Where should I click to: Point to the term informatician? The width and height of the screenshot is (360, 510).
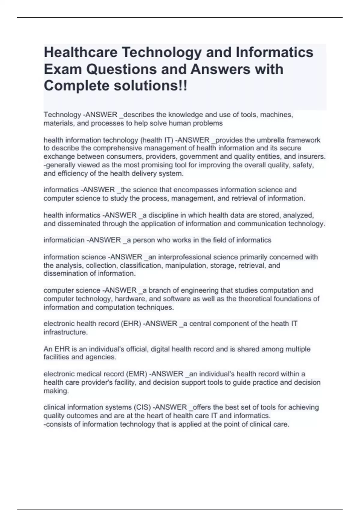click(x=64, y=240)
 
